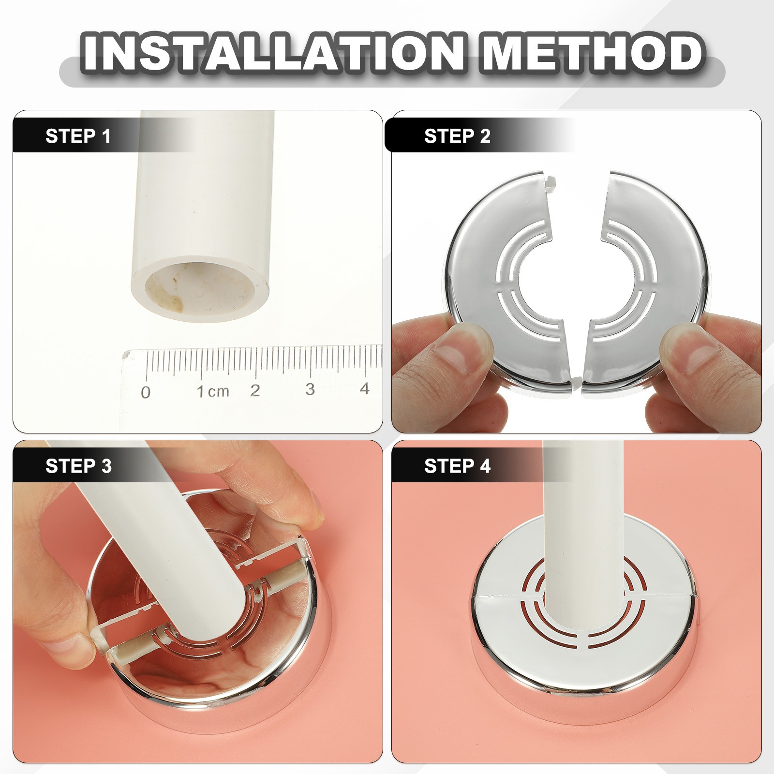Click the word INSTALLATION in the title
pyautogui.click(x=274, y=52)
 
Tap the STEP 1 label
pyautogui.click(x=78, y=136)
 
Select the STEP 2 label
pyautogui.click(x=457, y=136)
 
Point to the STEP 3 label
pyautogui.click(x=78, y=466)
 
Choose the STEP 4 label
pyautogui.click(x=457, y=466)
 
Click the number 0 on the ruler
pyautogui.click(x=146, y=392)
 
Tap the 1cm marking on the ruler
pyautogui.click(x=213, y=391)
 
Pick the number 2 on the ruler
pyautogui.click(x=255, y=390)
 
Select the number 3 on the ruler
pyautogui.click(x=310, y=389)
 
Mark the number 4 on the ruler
pyautogui.click(x=365, y=388)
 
